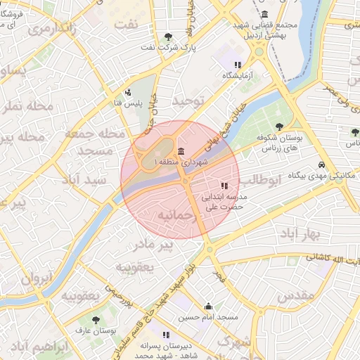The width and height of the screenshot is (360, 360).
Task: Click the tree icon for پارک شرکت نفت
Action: click(167, 37)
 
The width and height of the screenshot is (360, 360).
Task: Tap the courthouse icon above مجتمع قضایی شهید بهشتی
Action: click(264, 14)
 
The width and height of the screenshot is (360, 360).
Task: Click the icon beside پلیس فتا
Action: click(127, 92)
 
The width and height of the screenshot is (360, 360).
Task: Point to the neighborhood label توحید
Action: click(188, 102)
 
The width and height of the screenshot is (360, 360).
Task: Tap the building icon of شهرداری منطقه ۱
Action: click(181, 152)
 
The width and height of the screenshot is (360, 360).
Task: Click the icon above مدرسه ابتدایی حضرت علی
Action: click(224, 186)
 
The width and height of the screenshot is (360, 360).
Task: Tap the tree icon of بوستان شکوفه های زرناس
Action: click(279, 127)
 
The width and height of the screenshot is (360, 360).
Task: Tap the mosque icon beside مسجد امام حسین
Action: click(208, 307)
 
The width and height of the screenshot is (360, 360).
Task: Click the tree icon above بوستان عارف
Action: click(96, 320)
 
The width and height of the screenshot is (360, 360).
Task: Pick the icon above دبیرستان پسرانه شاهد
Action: click(167, 335)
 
